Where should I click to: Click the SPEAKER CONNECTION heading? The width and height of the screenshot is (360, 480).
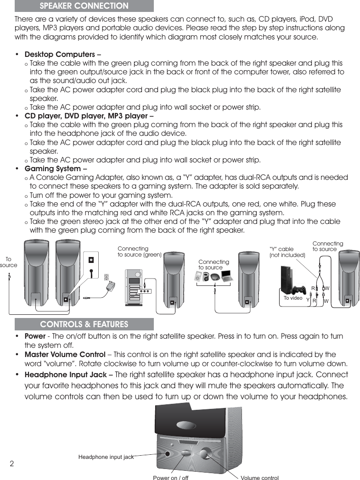84,6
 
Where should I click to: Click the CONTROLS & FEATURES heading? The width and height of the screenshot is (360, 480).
84,324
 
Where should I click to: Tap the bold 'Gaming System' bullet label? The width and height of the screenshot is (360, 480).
52,169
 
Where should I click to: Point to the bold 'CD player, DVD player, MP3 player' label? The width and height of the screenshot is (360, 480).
86,116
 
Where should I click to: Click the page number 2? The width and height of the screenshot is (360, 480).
12,463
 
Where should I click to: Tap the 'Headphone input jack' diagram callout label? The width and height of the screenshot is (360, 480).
106,457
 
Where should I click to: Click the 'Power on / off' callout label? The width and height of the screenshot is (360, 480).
170,478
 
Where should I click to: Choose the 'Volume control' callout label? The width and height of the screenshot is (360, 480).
259,478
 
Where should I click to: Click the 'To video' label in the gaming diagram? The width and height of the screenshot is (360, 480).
292,298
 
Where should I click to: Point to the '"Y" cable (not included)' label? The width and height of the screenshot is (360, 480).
287,252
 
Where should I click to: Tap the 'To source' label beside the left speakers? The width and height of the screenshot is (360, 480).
8,262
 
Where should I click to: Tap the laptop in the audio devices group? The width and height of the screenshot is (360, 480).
227,276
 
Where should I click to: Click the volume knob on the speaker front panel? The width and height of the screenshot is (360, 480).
205,452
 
